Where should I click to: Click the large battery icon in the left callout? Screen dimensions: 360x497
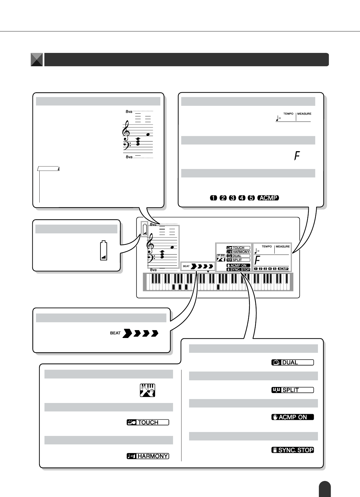(x=104, y=250)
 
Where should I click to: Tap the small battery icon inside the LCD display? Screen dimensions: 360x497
(x=145, y=229)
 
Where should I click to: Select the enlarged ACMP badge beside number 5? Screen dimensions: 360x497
(x=268, y=198)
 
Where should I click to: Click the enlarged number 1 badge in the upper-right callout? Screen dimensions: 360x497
(x=214, y=198)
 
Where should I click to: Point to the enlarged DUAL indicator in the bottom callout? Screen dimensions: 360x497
(x=293, y=362)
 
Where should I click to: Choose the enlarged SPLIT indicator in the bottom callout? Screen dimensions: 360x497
(x=293, y=390)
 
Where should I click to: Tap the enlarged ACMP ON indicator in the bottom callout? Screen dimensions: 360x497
(x=293, y=417)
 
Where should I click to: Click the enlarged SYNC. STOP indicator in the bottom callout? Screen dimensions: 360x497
(x=293, y=450)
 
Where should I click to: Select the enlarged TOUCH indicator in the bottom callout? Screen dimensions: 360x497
(x=148, y=422)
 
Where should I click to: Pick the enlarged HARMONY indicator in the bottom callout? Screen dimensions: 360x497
(x=148, y=456)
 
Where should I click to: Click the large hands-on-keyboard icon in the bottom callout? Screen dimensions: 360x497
(x=147, y=390)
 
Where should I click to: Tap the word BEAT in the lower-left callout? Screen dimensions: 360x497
(x=115, y=333)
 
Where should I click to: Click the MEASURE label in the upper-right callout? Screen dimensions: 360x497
(x=304, y=114)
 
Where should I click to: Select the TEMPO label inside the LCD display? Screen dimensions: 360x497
(x=267, y=247)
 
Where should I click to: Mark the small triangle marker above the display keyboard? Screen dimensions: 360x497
(x=208, y=272)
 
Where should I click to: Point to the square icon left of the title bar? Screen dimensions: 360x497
(x=37, y=60)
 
